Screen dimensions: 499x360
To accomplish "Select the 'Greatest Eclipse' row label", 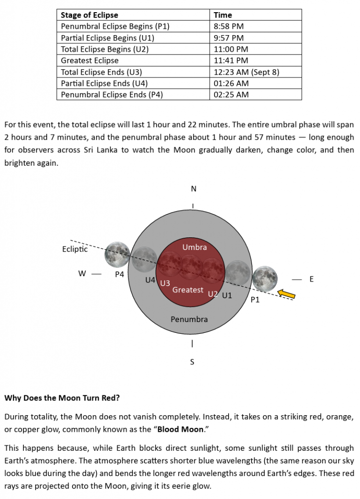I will click(x=90, y=60).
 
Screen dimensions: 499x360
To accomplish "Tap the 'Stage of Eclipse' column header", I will click(x=90, y=15).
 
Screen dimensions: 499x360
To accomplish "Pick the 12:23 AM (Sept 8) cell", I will click(x=246, y=72).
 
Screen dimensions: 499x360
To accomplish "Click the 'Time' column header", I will click(x=223, y=15).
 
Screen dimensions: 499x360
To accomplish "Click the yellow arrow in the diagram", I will click(x=286, y=293).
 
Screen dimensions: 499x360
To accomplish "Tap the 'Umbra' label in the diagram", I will click(x=195, y=247).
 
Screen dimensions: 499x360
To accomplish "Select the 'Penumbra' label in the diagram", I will click(x=189, y=319).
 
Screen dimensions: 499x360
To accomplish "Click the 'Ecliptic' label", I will click(x=75, y=249).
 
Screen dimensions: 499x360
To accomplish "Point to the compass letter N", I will click(x=194, y=189).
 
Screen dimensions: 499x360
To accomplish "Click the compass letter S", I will click(x=192, y=362).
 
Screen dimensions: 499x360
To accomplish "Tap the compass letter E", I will click(x=311, y=279).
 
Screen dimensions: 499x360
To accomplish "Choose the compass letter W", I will click(x=82, y=274).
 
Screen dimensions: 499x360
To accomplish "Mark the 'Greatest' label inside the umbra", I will click(x=188, y=290).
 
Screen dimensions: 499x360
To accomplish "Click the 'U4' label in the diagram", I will click(x=151, y=280).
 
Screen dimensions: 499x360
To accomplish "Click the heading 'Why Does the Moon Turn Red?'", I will click(x=62, y=398).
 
